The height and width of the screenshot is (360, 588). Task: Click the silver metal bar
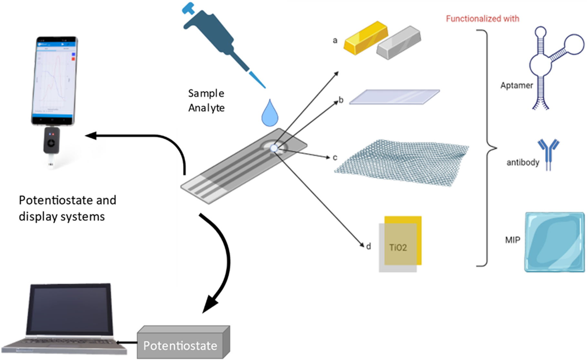(399, 43)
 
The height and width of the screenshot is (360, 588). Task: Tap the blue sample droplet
(270, 114)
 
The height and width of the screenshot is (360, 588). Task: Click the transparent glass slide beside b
(394, 97)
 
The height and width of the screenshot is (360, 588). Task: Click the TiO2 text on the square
(398, 248)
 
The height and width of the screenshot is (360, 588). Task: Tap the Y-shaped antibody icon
(548, 154)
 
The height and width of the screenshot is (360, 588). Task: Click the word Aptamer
(516, 86)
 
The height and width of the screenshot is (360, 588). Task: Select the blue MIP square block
(554, 242)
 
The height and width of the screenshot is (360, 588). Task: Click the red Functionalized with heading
(482, 19)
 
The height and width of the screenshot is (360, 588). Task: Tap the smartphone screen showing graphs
(55, 79)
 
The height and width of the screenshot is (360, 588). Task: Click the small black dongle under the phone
(52, 141)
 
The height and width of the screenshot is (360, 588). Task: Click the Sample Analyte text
(206, 101)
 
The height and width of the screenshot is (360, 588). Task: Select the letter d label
(369, 247)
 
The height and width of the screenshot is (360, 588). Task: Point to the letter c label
(335, 157)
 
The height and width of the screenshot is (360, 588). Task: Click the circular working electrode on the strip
(274, 148)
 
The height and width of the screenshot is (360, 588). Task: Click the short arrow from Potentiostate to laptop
(127, 343)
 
